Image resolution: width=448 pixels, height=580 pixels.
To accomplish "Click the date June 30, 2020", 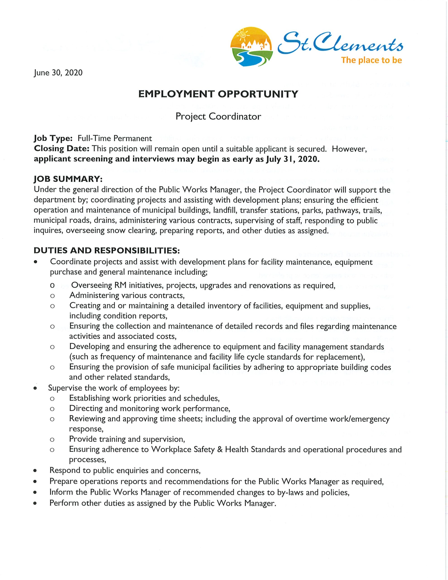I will coord(58,72).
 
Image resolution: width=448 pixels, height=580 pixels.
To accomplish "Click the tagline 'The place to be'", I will coord(371,60).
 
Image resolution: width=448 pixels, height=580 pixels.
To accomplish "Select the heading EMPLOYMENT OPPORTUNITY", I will coord(218,94).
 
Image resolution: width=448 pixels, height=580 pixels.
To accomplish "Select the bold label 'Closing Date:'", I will coord(62,149).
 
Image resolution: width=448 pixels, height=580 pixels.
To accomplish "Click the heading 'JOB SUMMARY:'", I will coord(68,179).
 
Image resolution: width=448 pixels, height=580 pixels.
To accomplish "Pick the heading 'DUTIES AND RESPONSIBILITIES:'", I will coord(107,250).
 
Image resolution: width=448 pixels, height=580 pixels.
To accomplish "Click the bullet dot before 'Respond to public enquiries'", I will coord(35,471).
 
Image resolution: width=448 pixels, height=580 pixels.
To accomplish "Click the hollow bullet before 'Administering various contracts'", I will coord(52,296).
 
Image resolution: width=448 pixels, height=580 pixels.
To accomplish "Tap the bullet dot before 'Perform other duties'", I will coord(35,503).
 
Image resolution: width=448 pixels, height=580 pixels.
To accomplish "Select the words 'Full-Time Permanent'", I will coord(115,138).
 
